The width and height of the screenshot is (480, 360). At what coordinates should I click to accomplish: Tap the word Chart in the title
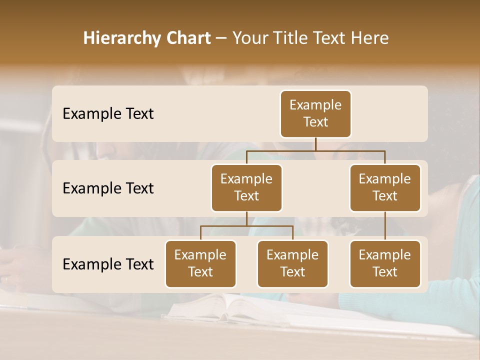[187, 38]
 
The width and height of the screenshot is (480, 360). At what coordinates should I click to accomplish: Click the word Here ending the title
[370, 38]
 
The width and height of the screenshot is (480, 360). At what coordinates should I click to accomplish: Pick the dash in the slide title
[221, 39]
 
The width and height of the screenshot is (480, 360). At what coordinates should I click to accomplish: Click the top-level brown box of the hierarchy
[315, 114]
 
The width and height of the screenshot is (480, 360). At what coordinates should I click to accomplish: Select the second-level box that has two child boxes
[246, 188]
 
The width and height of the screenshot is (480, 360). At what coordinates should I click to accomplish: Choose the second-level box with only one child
[385, 188]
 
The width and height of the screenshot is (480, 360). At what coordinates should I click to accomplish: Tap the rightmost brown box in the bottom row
[385, 264]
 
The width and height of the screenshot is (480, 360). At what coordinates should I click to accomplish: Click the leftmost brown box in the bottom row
[200, 264]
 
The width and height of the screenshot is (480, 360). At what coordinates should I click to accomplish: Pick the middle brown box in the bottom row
[292, 264]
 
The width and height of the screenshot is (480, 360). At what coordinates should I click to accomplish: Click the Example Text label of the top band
[108, 114]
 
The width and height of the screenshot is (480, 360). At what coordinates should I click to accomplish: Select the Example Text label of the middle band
[108, 188]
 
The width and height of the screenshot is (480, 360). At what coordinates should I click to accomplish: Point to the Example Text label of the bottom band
[108, 264]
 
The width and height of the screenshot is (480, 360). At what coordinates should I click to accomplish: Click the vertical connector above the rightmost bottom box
[385, 226]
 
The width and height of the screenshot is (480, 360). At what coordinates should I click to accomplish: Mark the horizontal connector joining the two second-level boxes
[315, 150]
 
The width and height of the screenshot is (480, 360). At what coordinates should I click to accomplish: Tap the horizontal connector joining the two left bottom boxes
[246, 226]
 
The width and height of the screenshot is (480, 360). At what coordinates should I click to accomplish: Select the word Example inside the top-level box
[315, 105]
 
